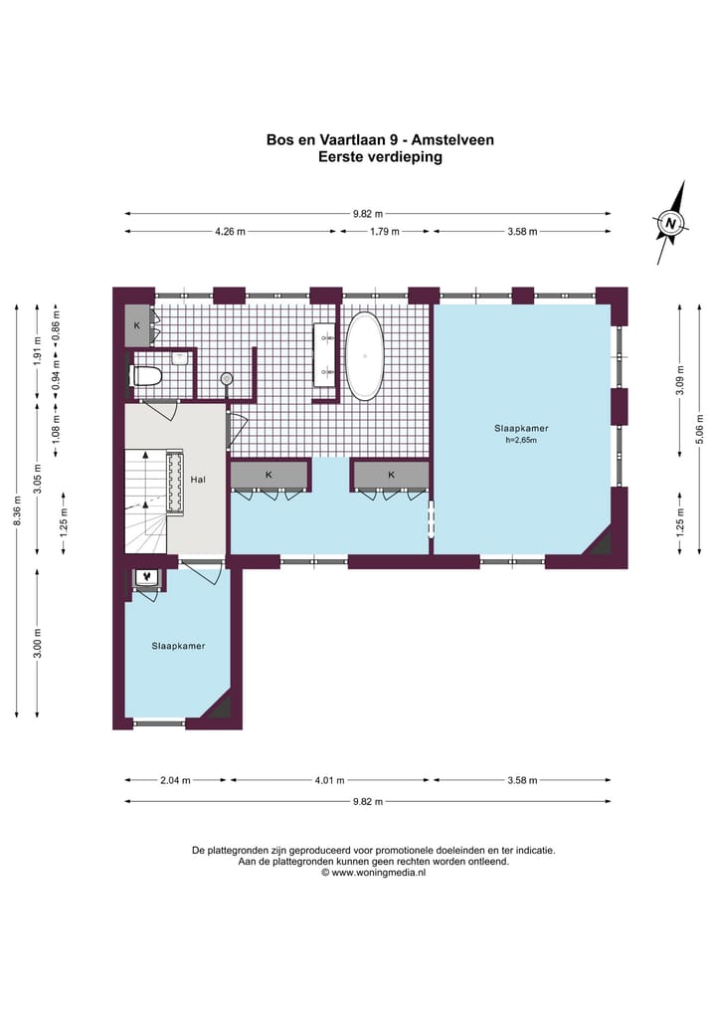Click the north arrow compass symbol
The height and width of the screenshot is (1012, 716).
[671, 223]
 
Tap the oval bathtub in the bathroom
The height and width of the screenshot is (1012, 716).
[364, 355]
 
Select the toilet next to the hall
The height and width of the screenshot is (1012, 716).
[144, 376]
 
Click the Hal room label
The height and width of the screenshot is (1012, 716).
[198, 480]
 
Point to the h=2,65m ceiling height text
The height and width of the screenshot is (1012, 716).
[521, 440]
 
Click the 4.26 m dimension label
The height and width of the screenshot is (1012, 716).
[230, 232]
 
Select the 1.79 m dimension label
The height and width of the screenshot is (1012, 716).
[385, 232]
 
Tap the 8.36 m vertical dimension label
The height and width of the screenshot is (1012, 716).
[18, 509]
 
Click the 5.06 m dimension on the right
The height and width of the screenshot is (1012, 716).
[700, 429]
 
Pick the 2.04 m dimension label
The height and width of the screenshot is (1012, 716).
[175, 780]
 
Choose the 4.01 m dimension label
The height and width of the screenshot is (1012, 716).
[329, 780]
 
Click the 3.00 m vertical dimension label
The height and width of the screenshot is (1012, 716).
[38, 643]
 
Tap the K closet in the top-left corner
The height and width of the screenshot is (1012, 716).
[137, 326]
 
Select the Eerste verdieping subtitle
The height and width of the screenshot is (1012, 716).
[380, 157]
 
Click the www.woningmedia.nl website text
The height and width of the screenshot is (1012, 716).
[379, 873]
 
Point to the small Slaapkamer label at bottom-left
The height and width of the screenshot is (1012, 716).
[179, 646]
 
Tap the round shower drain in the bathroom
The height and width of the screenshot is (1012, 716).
[227, 378]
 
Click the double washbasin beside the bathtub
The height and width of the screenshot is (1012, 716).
[326, 354]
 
